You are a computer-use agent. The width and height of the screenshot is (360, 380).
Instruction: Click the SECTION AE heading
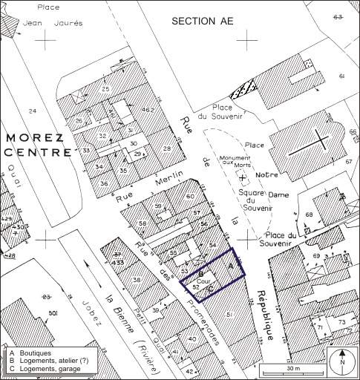pos(202,21)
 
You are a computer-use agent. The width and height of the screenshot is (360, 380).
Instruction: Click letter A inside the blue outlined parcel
pos(229,265)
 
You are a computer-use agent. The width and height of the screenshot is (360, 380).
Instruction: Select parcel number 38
pos(137,279)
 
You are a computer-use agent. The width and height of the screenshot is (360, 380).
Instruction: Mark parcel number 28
pos(167,149)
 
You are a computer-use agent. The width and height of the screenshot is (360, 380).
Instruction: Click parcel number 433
pos(117,262)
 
